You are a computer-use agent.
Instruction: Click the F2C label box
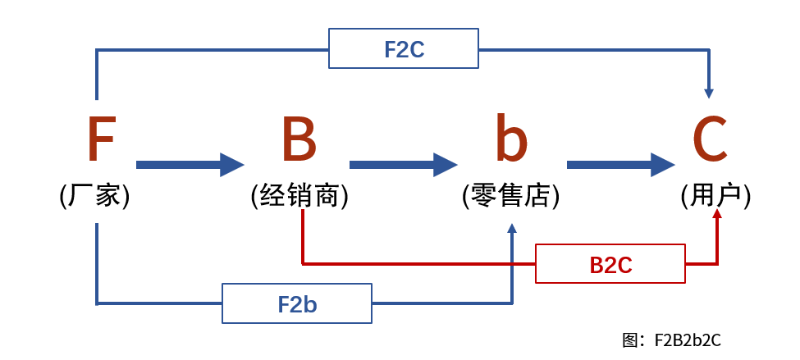point(404,49)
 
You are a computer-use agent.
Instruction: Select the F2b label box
point(297,304)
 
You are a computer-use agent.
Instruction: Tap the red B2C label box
point(610,264)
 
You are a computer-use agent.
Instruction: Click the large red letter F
point(101,140)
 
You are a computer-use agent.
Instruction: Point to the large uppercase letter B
point(299,140)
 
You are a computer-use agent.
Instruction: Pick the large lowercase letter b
point(510,140)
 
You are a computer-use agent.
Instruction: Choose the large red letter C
point(710,140)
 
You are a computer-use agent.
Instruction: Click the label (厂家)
point(95,196)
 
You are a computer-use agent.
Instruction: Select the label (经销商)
point(299,196)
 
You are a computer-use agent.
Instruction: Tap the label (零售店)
point(510,196)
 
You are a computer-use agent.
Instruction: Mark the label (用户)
point(715,196)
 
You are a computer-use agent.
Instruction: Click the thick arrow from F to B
point(190,165)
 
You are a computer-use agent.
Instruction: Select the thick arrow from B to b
point(403,165)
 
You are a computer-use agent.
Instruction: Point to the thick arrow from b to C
point(620,165)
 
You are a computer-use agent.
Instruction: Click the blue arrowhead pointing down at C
point(709,93)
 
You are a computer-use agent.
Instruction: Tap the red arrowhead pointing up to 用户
point(717,214)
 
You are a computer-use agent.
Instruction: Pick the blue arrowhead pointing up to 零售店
point(512,229)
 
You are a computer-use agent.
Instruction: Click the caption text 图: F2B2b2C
point(671,340)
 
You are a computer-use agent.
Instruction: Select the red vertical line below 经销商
point(303,238)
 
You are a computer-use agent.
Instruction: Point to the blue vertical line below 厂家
point(97,262)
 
